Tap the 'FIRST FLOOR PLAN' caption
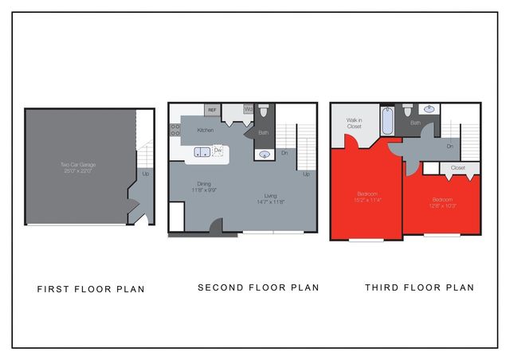click(x=91, y=289)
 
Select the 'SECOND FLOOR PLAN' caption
click(x=258, y=288)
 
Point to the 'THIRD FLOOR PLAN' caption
click(x=419, y=288)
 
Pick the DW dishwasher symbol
click(x=218, y=151)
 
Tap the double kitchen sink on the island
click(x=202, y=151)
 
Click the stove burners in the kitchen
click(x=175, y=129)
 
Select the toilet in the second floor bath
click(x=265, y=112)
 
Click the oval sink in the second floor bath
click(x=265, y=155)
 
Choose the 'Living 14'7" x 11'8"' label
click(x=271, y=199)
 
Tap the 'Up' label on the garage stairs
click(x=145, y=174)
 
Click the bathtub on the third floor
click(x=388, y=122)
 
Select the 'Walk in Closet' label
click(x=355, y=124)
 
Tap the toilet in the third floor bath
click(x=407, y=111)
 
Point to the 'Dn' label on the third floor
click(x=449, y=147)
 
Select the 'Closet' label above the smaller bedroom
click(x=457, y=168)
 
